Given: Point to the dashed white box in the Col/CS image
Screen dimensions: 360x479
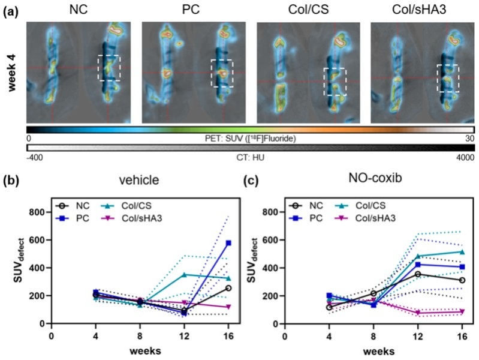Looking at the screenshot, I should pyautogui.click(x=334, y=81).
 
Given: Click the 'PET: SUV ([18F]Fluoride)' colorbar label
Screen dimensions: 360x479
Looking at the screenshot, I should pyautogui.click(x=251, y=139).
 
